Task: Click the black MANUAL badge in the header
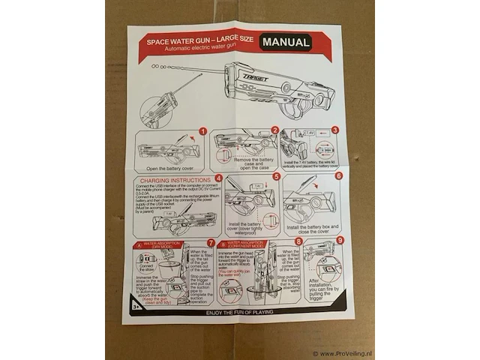286,43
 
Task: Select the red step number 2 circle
274,130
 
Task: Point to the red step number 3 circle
335,130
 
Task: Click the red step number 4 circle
218,178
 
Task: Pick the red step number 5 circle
276,177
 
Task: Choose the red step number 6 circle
338,176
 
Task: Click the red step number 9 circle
340,241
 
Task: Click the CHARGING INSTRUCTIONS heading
173,180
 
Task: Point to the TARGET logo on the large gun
256,77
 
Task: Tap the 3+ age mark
136,306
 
